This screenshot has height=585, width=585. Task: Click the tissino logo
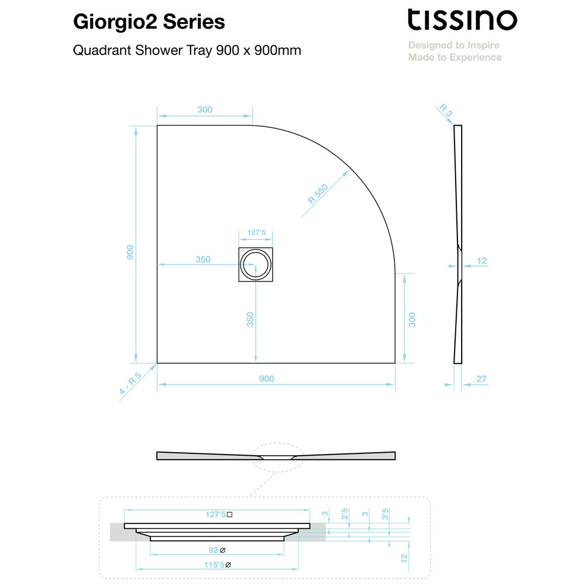462,20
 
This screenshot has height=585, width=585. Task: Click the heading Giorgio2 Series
149,22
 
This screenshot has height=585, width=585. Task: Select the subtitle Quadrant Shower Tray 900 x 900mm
187,50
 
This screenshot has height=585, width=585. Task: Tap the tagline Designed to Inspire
454,45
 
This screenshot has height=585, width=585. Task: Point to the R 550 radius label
318,194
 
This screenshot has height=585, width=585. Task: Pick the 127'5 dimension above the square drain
256,232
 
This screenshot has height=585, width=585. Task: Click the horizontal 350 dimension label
203,259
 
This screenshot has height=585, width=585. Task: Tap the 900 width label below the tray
266,378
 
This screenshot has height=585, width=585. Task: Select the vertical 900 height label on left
130,252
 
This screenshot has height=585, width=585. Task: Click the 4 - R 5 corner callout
130,383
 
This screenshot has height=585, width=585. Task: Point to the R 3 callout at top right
445,110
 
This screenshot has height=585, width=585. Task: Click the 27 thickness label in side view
481,379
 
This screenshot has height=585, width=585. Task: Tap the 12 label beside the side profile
481,261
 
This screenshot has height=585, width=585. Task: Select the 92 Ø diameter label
217,550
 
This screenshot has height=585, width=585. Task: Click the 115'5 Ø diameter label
218,565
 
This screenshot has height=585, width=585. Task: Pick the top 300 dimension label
205,110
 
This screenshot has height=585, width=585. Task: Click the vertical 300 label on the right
412,320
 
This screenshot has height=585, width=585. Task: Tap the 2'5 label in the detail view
345,514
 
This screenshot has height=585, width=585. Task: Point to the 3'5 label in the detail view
385,514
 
